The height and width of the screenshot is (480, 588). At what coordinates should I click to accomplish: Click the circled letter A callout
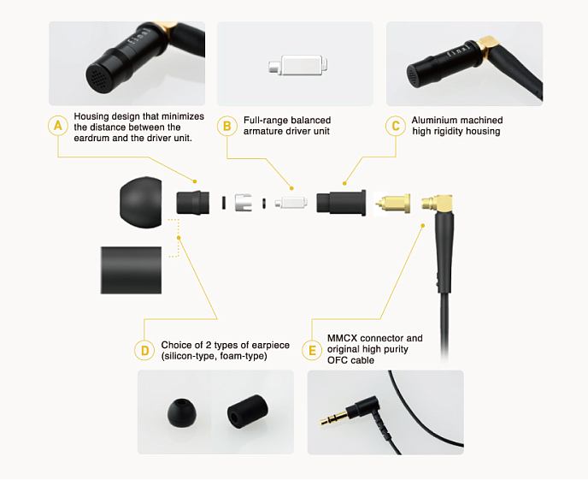point(58,126)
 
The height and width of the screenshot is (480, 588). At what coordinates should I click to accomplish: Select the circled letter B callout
point(226,126)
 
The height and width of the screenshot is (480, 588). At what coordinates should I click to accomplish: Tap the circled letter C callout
point(396,126)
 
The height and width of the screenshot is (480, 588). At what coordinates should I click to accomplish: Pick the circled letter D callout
point(144,351)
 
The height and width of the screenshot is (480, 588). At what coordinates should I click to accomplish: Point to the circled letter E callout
point(312,351)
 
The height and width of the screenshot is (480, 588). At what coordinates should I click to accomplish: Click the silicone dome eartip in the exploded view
point(141,202)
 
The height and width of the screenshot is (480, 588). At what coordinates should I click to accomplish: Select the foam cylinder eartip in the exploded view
point(132,270)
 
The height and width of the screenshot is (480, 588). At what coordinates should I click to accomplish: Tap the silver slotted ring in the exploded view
point(243,203)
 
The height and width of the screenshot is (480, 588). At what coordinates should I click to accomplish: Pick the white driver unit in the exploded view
point(291,203)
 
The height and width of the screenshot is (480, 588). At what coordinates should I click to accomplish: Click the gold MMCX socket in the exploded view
point(393,203)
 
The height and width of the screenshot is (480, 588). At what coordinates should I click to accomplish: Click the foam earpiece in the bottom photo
point(248,411)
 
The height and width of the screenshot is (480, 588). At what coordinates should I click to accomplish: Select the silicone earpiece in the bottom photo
point(181,412)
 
